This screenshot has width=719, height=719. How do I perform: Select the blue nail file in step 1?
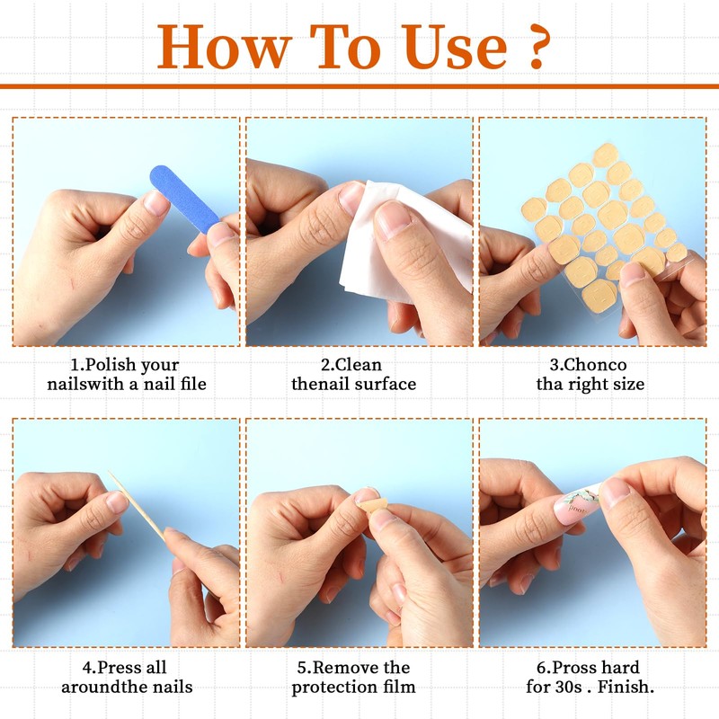[184, 199]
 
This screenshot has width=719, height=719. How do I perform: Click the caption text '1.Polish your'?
[125, 365]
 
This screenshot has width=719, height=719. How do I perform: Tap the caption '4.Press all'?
[125, 668]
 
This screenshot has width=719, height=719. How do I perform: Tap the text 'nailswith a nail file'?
[126, 385]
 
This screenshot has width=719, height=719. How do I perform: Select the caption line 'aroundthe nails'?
[127, 688]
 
